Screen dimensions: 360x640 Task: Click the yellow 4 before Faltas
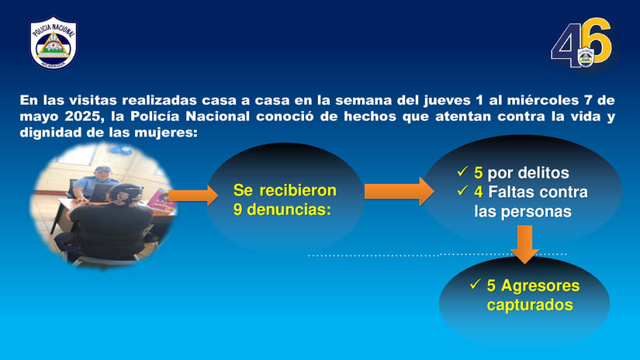[x=479, y=192]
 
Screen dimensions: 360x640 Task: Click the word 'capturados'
[x=530, y=305]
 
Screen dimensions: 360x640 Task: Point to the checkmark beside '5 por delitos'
[x=462, y=171]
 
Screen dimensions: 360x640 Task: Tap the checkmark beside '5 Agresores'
[x=475, y=285]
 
